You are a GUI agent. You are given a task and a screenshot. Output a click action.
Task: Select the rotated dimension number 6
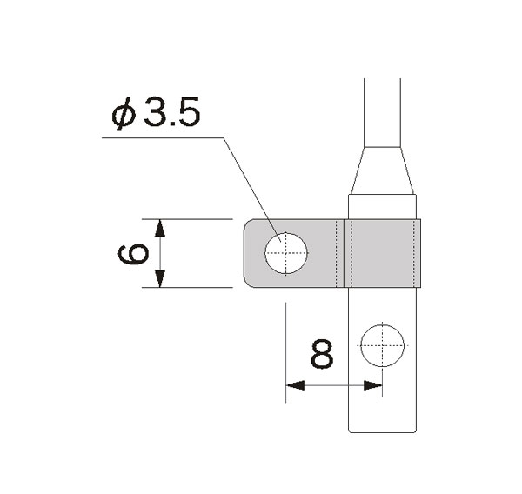[x=133, y=253]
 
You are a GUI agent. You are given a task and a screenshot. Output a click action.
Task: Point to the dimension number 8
[x=321, y=354]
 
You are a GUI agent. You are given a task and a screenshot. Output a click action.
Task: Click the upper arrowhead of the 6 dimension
[x=159, y=228]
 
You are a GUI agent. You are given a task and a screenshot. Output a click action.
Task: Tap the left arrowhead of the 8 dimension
[x=295, y=384]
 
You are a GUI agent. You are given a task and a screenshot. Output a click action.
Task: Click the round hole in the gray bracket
[x=286, y=253]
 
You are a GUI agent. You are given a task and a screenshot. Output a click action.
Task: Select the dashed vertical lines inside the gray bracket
[x=342, y=253]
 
